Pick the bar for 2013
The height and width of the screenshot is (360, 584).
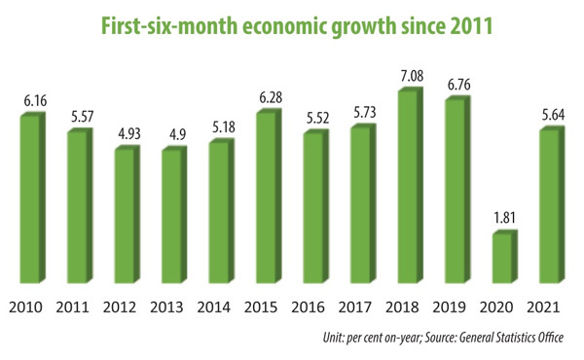169,216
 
